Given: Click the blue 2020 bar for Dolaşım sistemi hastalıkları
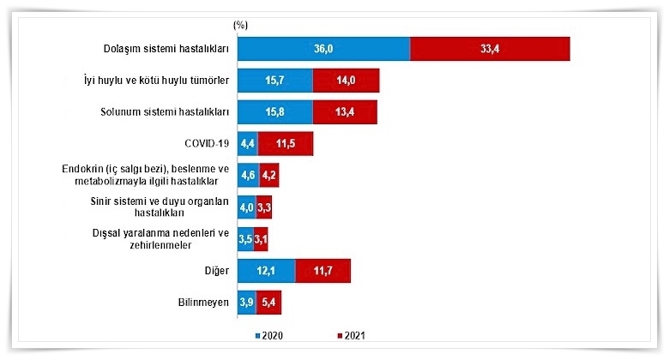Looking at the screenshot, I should [x=323, y=49].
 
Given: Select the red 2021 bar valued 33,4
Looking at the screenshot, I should [x=491, y=49].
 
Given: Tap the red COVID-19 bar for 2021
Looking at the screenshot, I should [x=285, y=143].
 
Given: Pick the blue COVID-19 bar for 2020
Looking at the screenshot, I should [x=247, y=143].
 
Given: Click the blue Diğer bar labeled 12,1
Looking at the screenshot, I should [x=266, y=271].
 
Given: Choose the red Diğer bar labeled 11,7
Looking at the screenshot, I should [x=322, y=271].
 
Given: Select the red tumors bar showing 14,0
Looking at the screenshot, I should [x=346, y=81].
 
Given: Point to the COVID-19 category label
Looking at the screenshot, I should [x=207, y=143].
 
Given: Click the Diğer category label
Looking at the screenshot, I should [x=213, y=271].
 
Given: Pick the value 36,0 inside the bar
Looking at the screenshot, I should [x=323, y=49].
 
